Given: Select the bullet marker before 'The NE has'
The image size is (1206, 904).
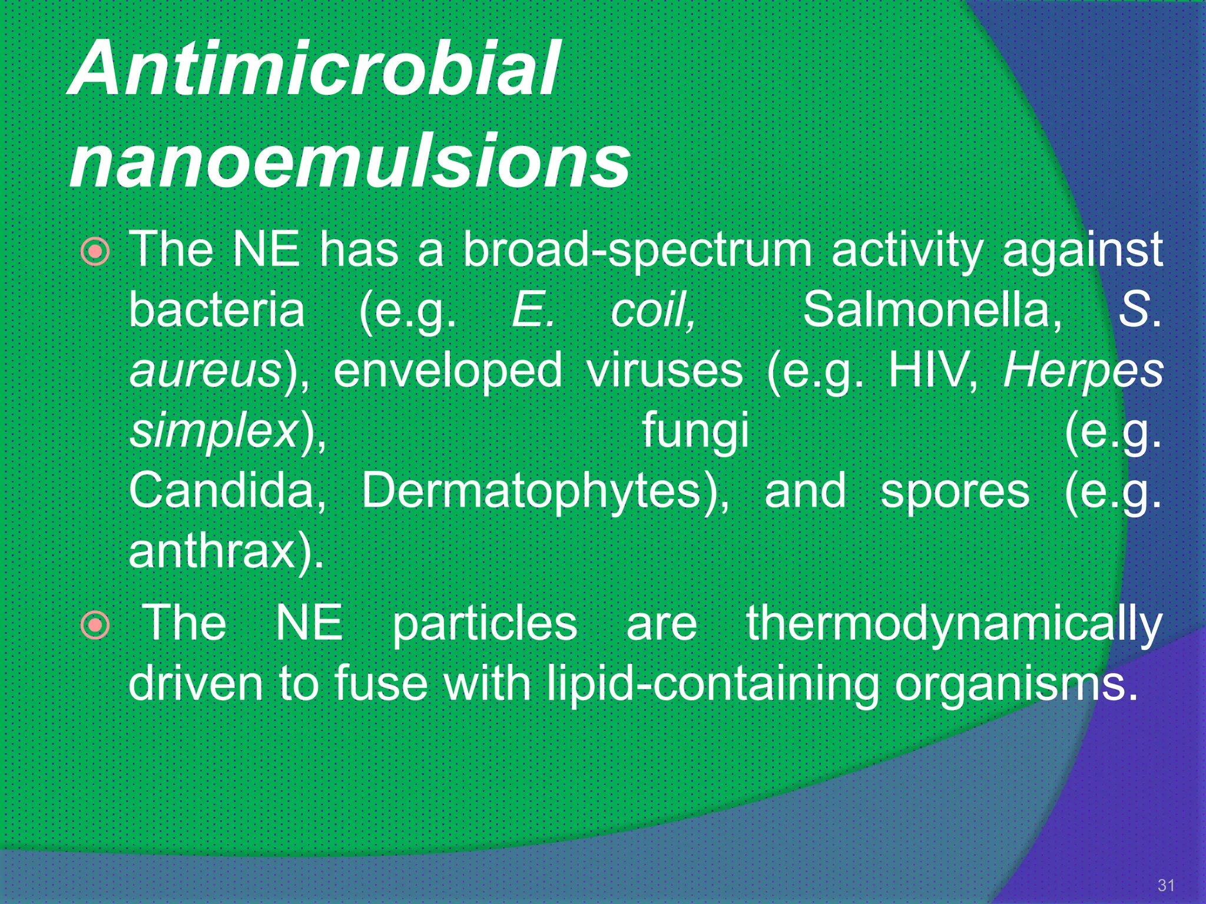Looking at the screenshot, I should point(95,252).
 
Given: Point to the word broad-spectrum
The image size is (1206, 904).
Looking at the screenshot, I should point(637,250).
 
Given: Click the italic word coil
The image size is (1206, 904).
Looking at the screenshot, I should point(652,310).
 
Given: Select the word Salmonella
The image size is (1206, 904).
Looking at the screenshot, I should point(932,310).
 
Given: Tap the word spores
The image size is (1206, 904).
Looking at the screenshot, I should point(955,492).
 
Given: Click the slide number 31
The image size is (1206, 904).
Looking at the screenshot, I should point(1166,885).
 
